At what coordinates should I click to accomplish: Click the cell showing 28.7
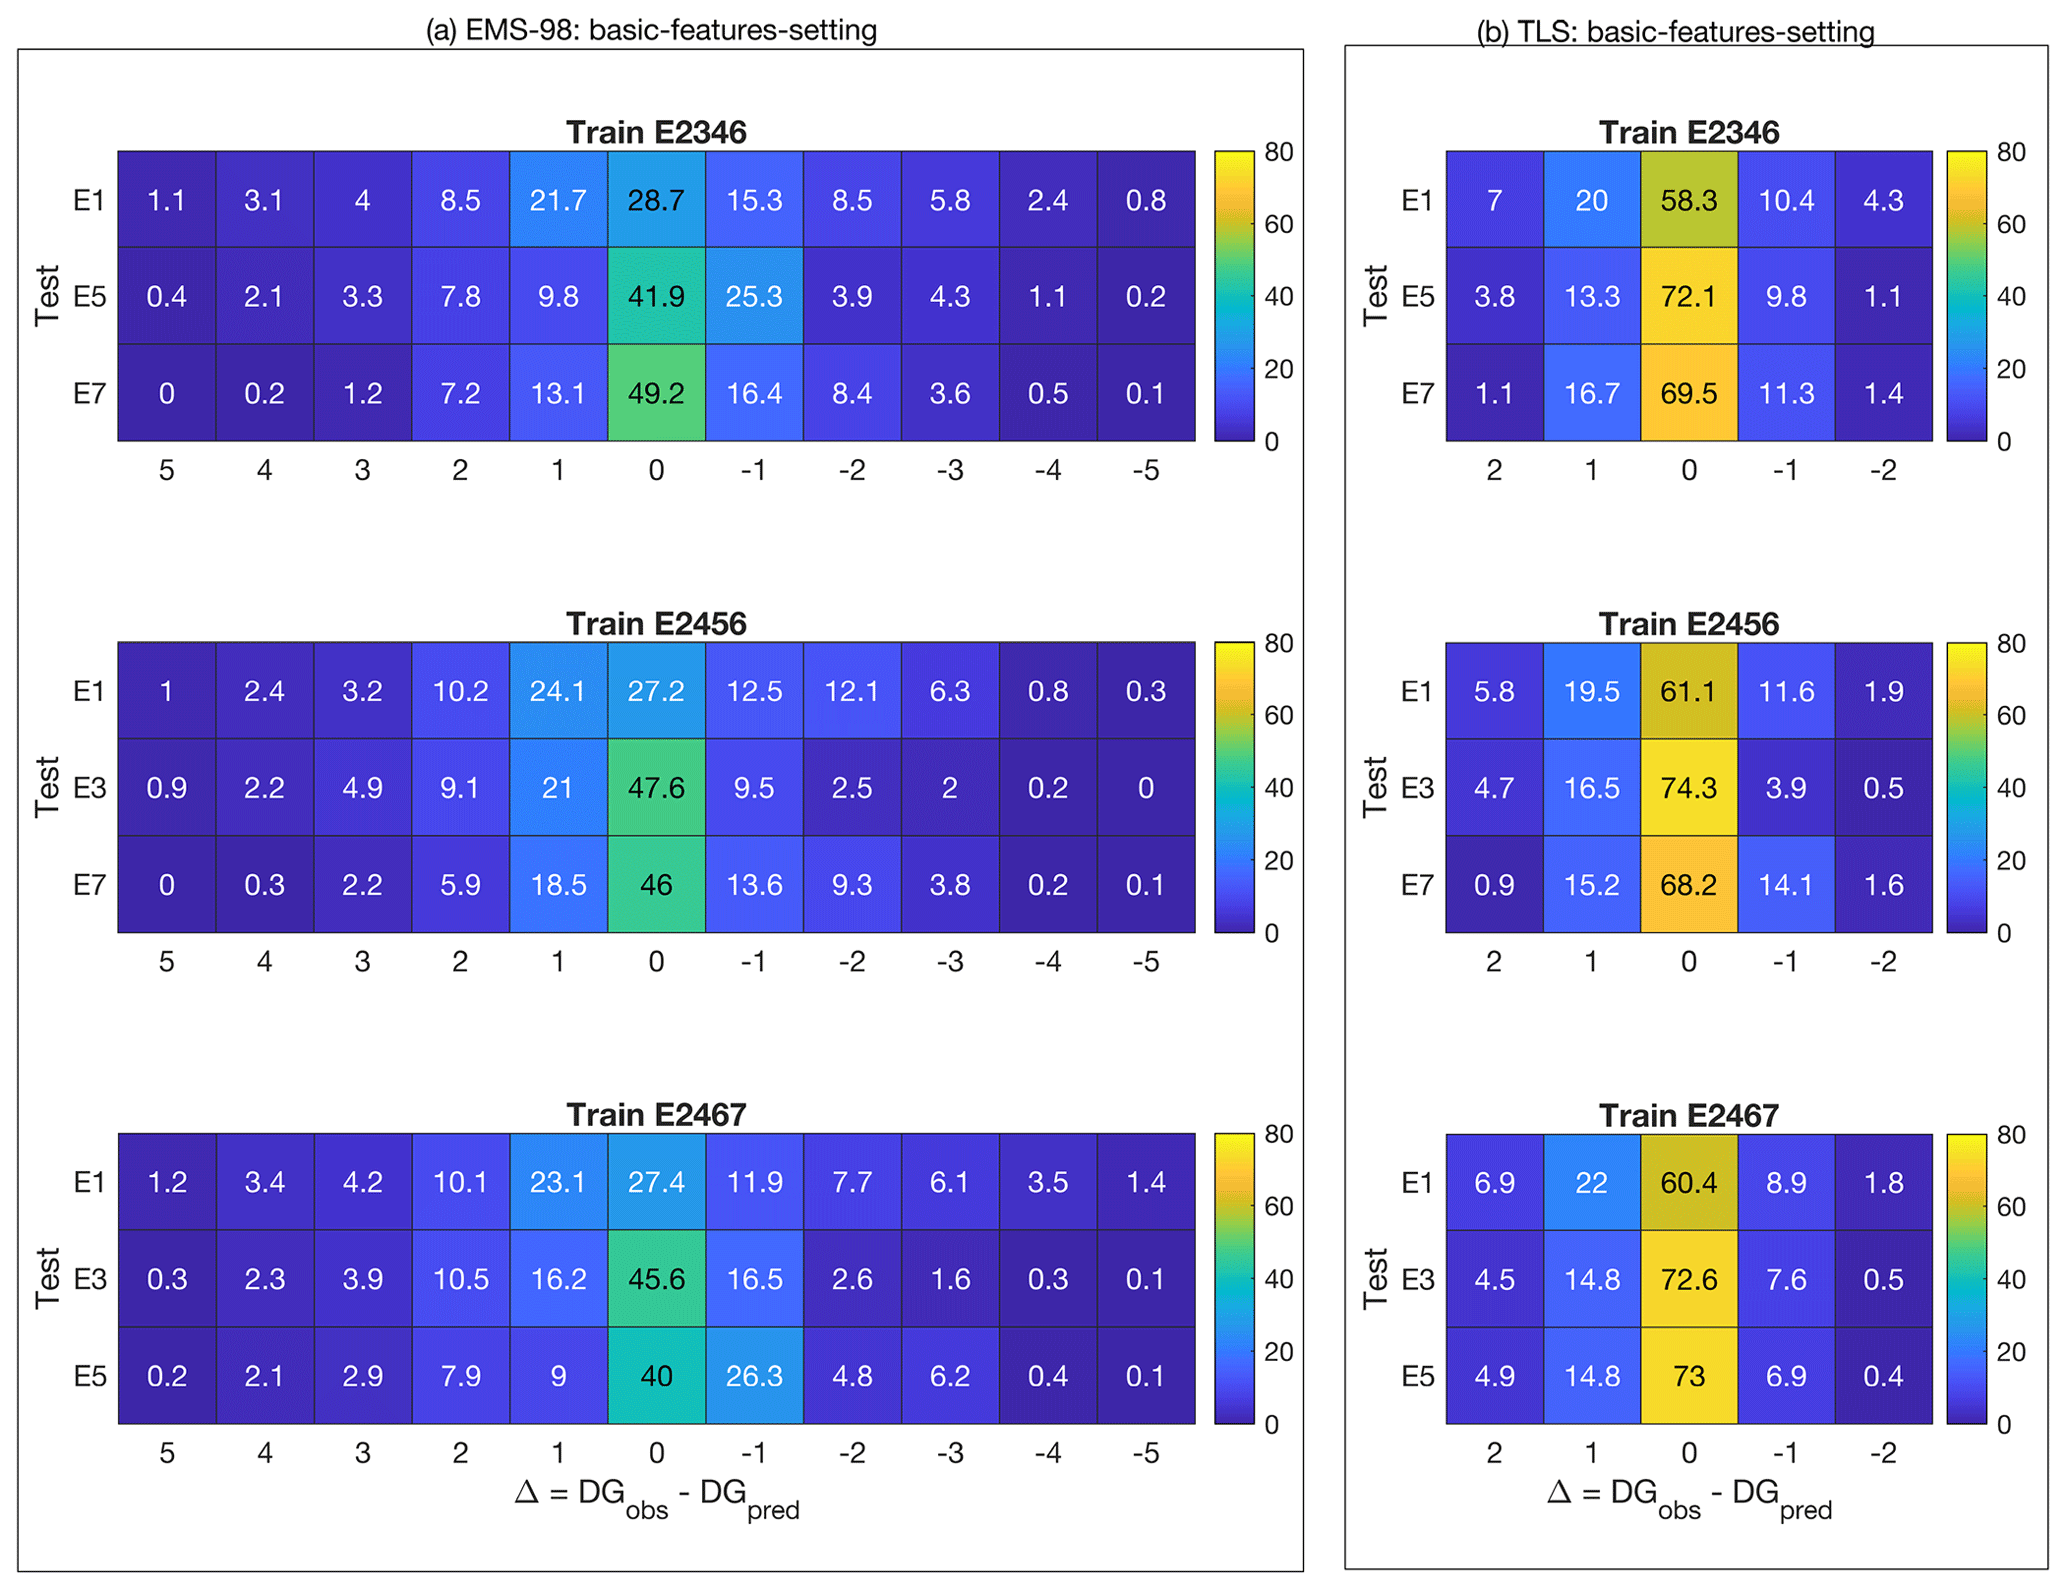pyautogui.click(x=656, y=200)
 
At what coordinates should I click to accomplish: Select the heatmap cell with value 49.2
pyautogui.click(x=656, y=393)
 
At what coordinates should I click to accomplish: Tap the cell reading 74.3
pyautogui.click(x=1688, y=788)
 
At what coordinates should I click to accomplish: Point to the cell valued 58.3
pyautogui.click(x=1688, y=200)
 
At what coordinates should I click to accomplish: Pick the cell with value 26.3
pyautogui.click(x=754, y=1376)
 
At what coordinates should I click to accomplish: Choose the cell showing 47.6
pyautogui.click(x=656, y=788)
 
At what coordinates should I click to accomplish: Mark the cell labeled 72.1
pyautogui.click(x=1688, y=296)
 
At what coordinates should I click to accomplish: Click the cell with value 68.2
pyautogui.click(x=1688, y=885)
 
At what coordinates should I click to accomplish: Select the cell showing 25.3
pyautogui.click(x=754, y=296)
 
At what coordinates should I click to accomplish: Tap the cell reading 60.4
pyautogui.click(x=1688, y=1183)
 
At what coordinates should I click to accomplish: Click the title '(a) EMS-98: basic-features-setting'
pyautogui.click(x=651, y=30)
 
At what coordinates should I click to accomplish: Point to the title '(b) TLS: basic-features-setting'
pyautogui.click(x=1675, y=32)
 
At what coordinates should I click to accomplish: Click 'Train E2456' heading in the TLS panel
pyautogui.click(x=1688, y=624)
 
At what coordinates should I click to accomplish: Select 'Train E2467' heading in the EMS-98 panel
pyautogui.click(x=656, y=1115)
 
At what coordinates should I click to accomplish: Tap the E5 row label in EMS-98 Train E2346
pyautogui.click(x=90, y=297)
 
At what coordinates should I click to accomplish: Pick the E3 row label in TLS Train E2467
pyautogui.click(x=1417, y=1280)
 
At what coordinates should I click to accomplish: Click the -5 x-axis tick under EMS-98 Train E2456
pyautogui.click(x=1146, y=962)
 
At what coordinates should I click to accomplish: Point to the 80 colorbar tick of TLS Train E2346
pyautogui.click(x=2011, y=152)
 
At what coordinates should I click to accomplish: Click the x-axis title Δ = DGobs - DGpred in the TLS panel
pyautogui.click(x=1688, y=1497)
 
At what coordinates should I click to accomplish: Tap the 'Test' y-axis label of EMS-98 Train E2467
pyautogui.click(x=47, y=1278)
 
